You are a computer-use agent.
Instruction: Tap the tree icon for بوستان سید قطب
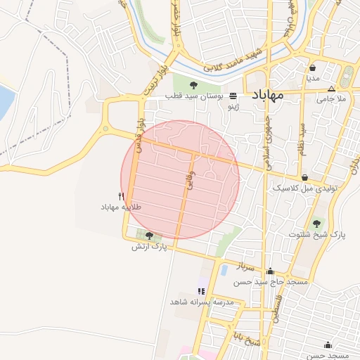click(x=194, y=85)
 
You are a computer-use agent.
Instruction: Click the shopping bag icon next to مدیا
click(x=313, y=68)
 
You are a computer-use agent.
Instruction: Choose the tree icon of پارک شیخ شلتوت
click(x=315, y=223)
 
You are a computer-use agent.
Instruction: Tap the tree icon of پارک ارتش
click(x=149, y=236)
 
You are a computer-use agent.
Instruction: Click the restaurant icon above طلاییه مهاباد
click(x=122, y=197)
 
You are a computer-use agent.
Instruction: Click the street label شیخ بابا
click(x=247, y=339)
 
